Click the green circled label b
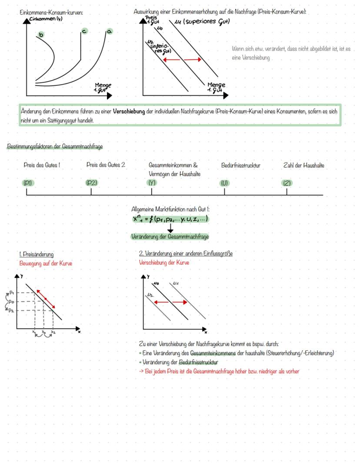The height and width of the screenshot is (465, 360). tap(41, 34)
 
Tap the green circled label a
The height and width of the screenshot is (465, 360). tap(110, 31)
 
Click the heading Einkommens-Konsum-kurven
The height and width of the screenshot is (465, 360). tap(51, 13)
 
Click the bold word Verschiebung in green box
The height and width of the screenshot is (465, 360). tap(129, 112)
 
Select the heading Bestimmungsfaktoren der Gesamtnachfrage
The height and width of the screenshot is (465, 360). tap(55, 147)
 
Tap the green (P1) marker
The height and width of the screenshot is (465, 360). tap(28, 183)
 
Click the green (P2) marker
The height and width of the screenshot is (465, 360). tap(91, 183)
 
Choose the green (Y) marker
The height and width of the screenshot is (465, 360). tap(152, 183)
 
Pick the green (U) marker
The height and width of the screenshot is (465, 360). tap(224, 183)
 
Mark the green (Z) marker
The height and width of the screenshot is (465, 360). tap(287, 183)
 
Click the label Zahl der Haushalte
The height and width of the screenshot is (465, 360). tap(303, 165)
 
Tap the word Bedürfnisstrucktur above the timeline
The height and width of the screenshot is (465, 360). tap(240, 165)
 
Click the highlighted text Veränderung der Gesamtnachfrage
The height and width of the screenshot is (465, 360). tap(170, 237)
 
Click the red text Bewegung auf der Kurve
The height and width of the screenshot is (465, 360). tap(46, 263)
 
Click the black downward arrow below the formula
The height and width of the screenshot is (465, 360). tap(170, 227)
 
